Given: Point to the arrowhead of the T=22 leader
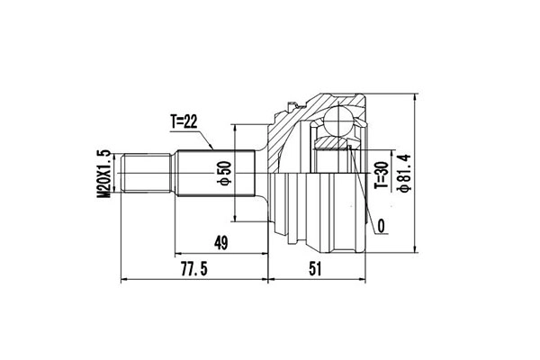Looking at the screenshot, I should (212, 147).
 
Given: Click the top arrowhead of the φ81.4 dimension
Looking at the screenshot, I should (415, 96).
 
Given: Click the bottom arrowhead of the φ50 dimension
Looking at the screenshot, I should (236, 218).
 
